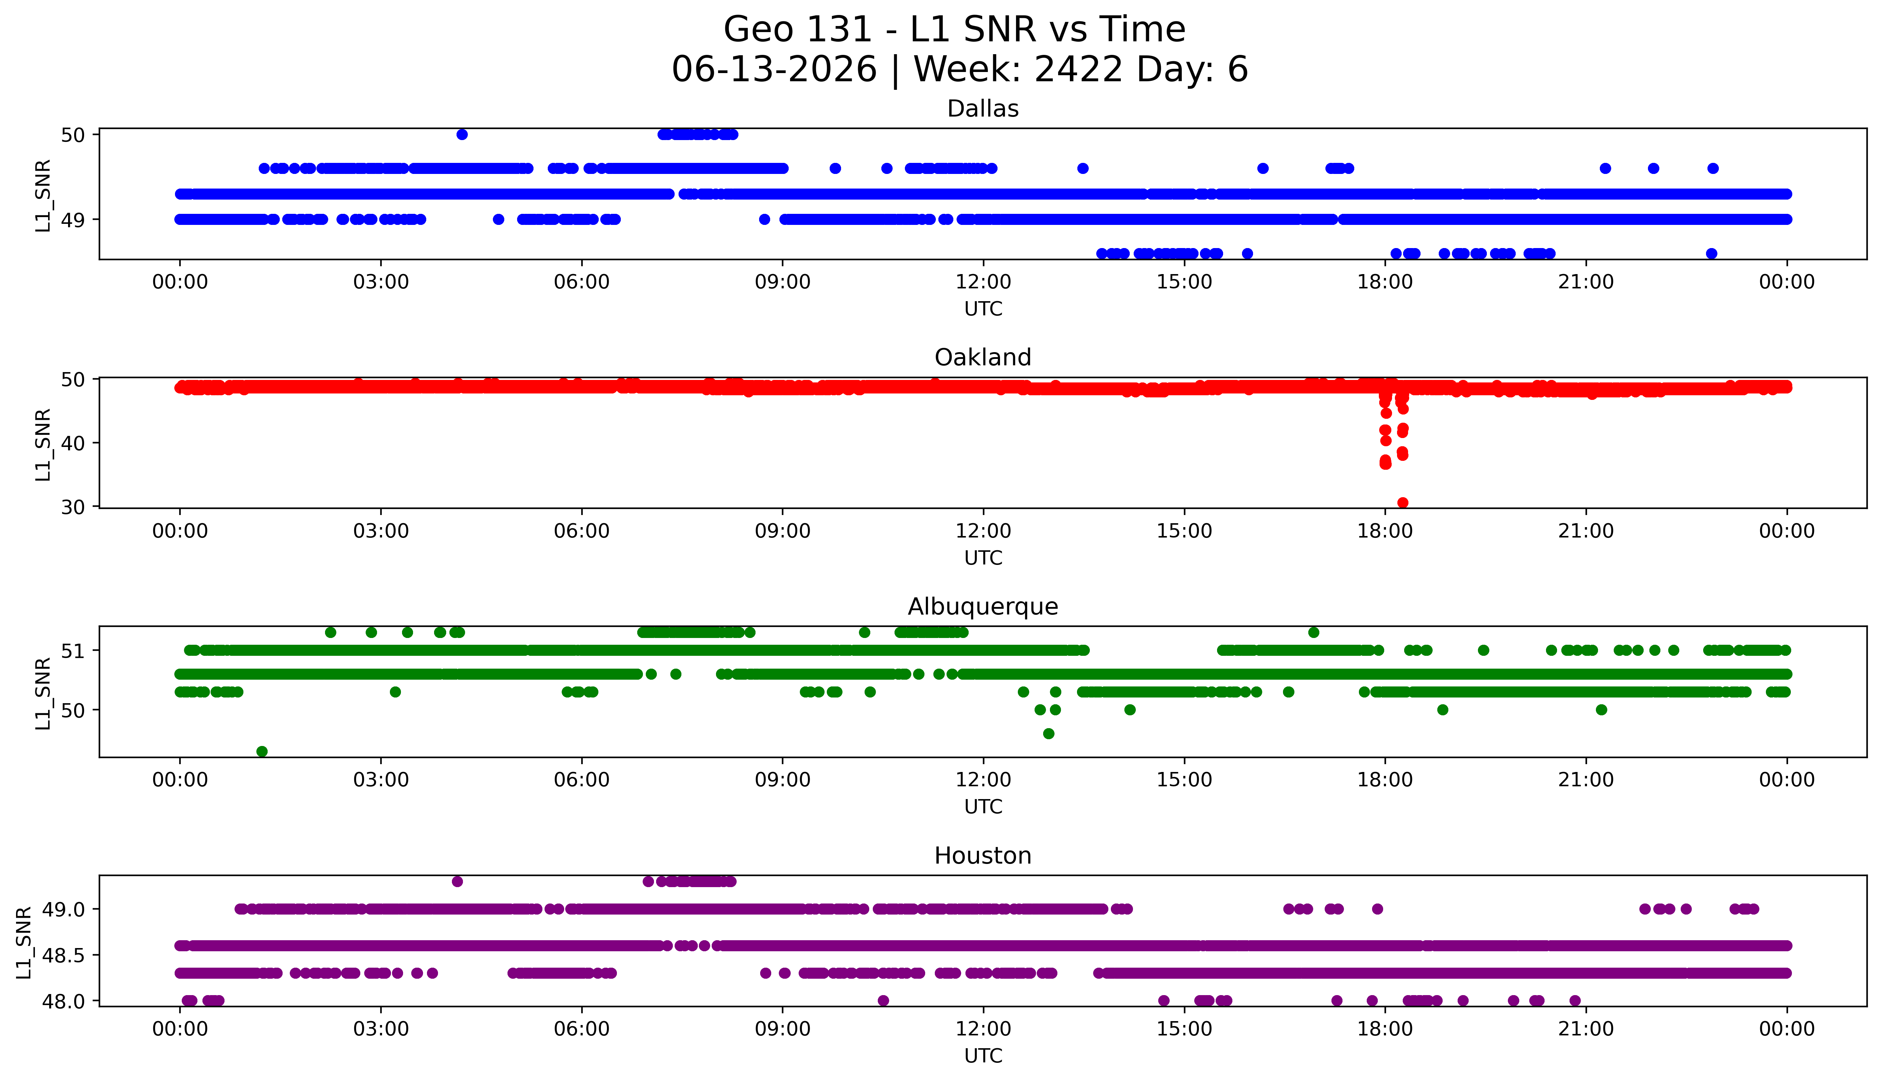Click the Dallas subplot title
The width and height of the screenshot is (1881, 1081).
coord(983,109)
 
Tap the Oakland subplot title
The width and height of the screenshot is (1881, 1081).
coord(983,358)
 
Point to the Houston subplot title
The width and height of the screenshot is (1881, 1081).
coord(983,856)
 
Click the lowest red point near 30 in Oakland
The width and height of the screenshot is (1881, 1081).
coord(1402,503)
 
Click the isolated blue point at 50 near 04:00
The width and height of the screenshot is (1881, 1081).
coord(462,134)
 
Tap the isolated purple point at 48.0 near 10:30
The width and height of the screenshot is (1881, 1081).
coord(883,1000)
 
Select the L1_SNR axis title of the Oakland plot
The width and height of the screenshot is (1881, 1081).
coord(43,444)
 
